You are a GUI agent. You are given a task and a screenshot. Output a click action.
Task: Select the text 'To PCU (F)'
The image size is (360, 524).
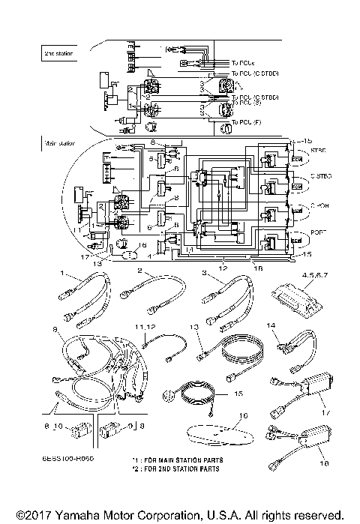[248, 122]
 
